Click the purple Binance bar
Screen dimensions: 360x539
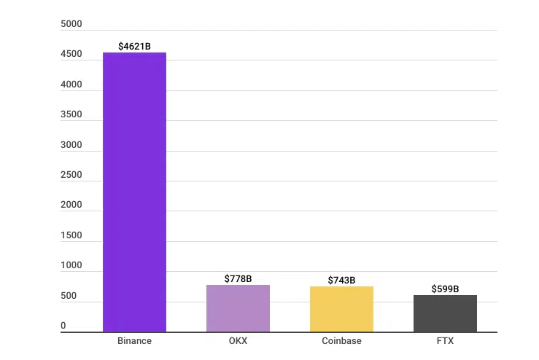(x=134, y=192)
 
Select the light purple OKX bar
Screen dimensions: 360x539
(x=238, y=308)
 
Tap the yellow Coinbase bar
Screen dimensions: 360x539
(x=341, y=309)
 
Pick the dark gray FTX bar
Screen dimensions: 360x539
(x=445, y=313)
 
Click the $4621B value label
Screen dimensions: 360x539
(x=134, y=47)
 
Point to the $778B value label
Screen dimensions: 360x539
(x=238, y=279)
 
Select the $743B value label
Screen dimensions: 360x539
(x=341, y=281)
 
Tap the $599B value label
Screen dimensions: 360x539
(x=445, y=289)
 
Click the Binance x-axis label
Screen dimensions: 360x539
(x=134, y=341)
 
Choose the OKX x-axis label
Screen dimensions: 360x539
(x=238, y=341)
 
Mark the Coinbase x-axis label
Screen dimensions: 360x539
(x=341, y=341)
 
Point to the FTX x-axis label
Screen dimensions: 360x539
(x=445, y=341)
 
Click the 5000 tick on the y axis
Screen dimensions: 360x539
(x=71, y=25)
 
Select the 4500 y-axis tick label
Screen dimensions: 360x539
(x=71, y=55)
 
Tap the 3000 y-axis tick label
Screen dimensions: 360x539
(x=71, y=145)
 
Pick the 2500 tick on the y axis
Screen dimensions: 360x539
(x=71, y=176)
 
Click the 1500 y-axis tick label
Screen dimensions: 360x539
(x=71, y=236)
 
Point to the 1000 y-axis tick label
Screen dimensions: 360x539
(x=71, y=266)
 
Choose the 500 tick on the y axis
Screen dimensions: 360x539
(x=69, y=297)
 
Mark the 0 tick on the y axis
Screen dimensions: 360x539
(x=63, y=326)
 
